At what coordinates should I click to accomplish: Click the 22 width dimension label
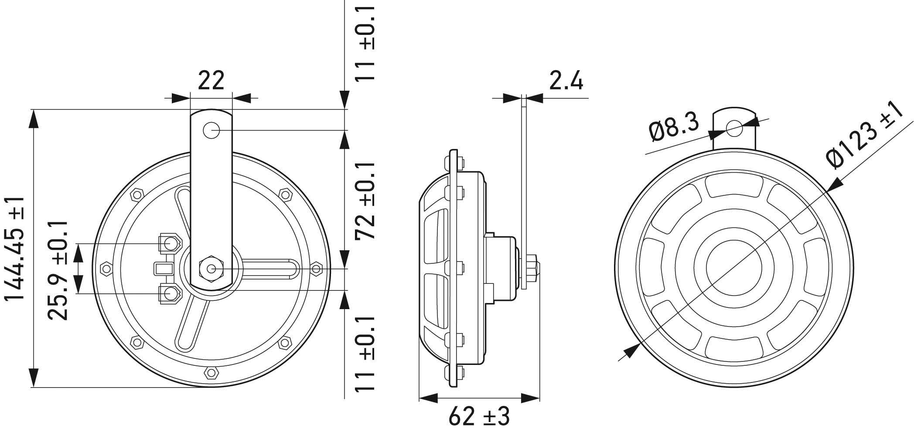(x=211, y=80)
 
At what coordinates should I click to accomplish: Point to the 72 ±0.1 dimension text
(x=365, y=201)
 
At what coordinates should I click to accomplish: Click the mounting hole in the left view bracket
(x=211, y=130)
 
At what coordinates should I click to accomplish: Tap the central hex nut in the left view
(x=211, y=268)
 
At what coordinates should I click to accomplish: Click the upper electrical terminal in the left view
(x=171, y=243)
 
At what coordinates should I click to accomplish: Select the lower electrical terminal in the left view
(x=171, y=293)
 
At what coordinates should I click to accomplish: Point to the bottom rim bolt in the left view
(x=211, y=373)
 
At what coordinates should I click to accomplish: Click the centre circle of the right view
(x=734, y=267)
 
